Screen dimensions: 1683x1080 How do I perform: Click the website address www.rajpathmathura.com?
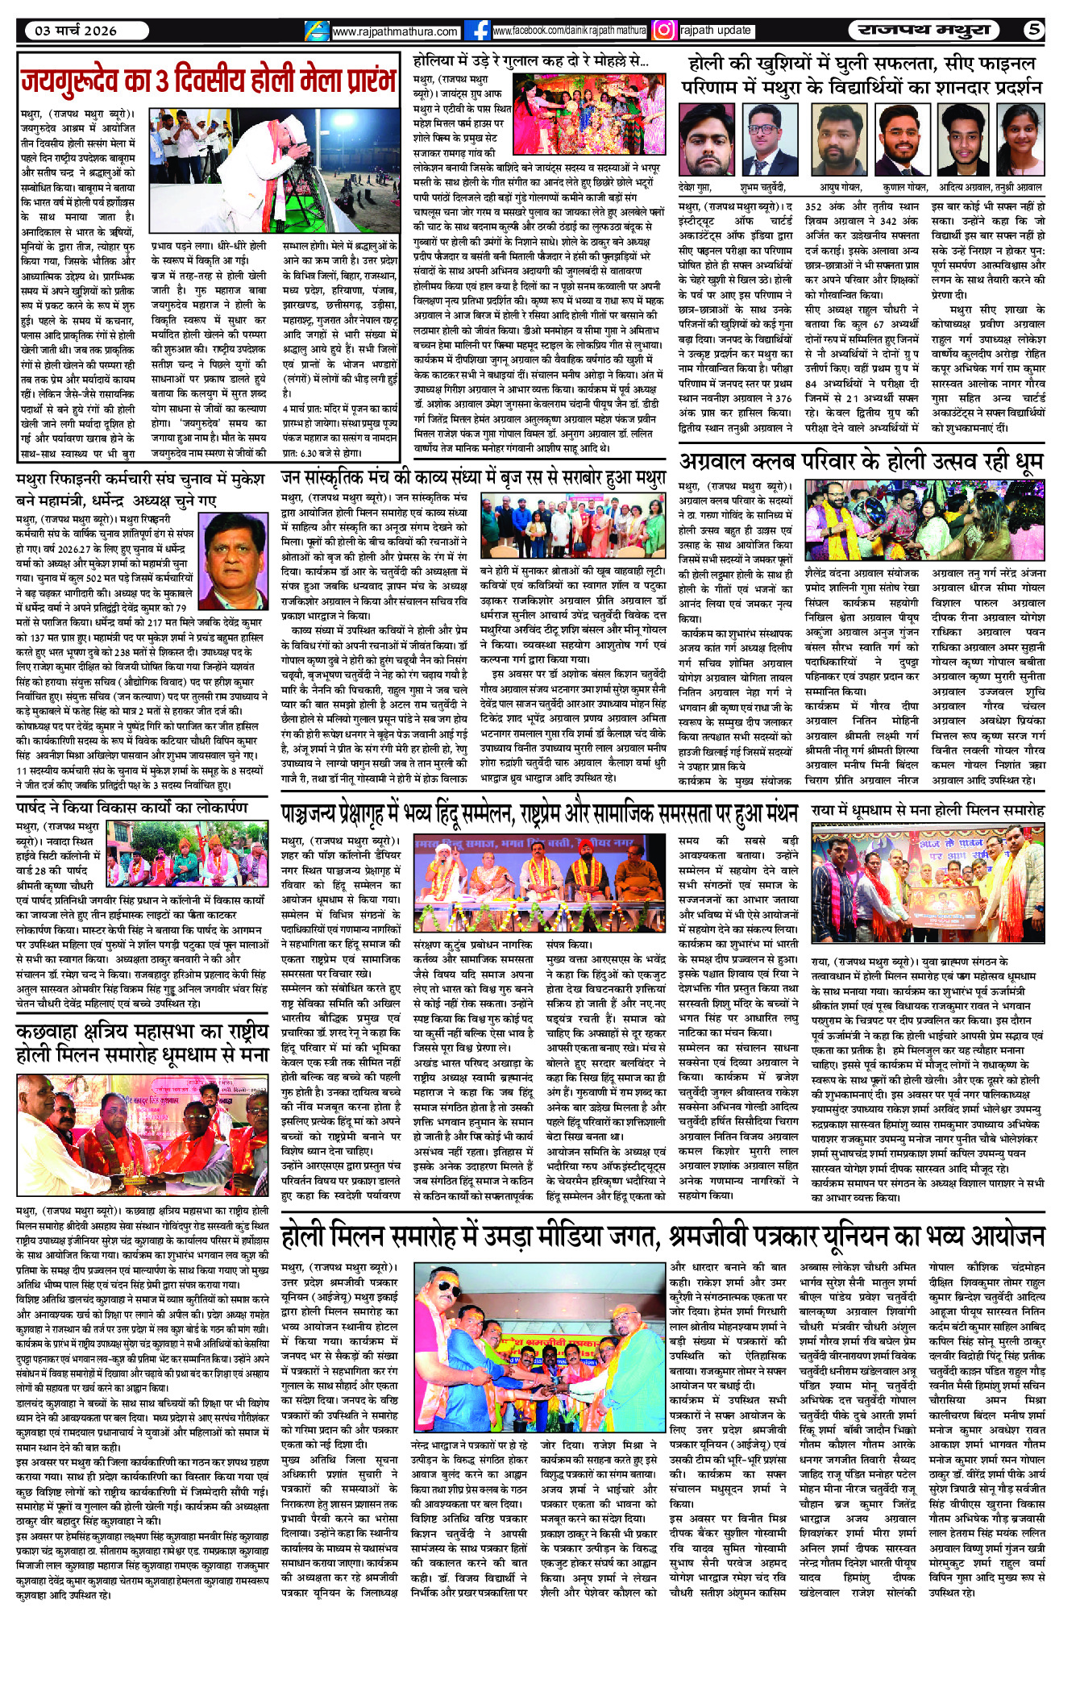[394, 31]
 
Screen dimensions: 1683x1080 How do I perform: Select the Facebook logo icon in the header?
[480, 31]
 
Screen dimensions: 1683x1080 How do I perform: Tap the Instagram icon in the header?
[663, 31]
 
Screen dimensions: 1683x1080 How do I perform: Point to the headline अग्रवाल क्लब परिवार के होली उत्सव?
[861, 462]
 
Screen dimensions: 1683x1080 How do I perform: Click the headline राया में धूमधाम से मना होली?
[928, 809]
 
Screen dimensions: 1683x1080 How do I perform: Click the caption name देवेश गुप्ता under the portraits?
[695, 187]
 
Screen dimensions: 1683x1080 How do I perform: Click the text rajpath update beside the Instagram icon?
[716, 31]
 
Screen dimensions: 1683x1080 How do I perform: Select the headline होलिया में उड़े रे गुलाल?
[530, 60]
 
